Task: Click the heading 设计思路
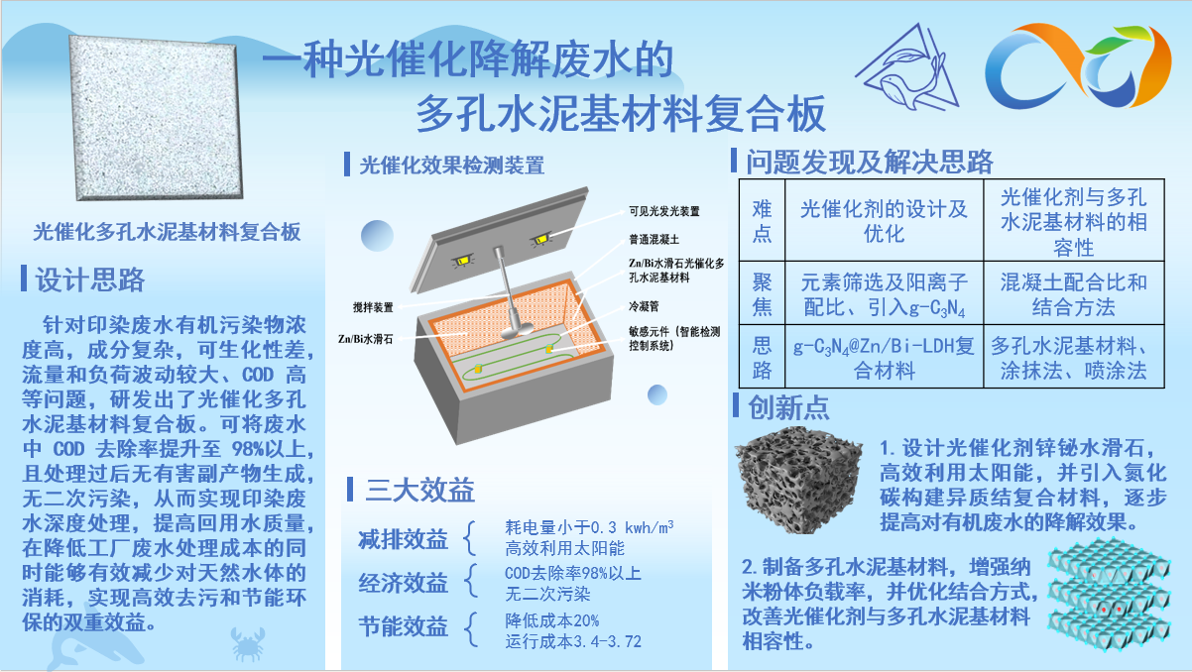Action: coord(90,280)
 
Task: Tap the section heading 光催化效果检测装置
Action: coord(452,165)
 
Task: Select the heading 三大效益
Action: coord(419,490)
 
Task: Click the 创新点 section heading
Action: coord(788,407)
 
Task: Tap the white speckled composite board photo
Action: coord(156,118)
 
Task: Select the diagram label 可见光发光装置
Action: coord(664,211)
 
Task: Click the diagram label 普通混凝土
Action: coord(654,240)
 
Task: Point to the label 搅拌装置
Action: coord(373,307)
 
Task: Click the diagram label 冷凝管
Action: coord(644,306)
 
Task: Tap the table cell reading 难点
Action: coord(762,220)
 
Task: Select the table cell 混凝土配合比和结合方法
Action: coord(1073,294)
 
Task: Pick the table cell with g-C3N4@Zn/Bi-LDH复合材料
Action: coord(884,358)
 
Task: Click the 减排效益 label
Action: coord(403,539)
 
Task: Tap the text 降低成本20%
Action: coord(551,620)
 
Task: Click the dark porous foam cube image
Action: coord(798,480)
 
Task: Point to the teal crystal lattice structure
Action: coord(1109,595)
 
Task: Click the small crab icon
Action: coord(248,643)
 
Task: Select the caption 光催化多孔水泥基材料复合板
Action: coord(167,232)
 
